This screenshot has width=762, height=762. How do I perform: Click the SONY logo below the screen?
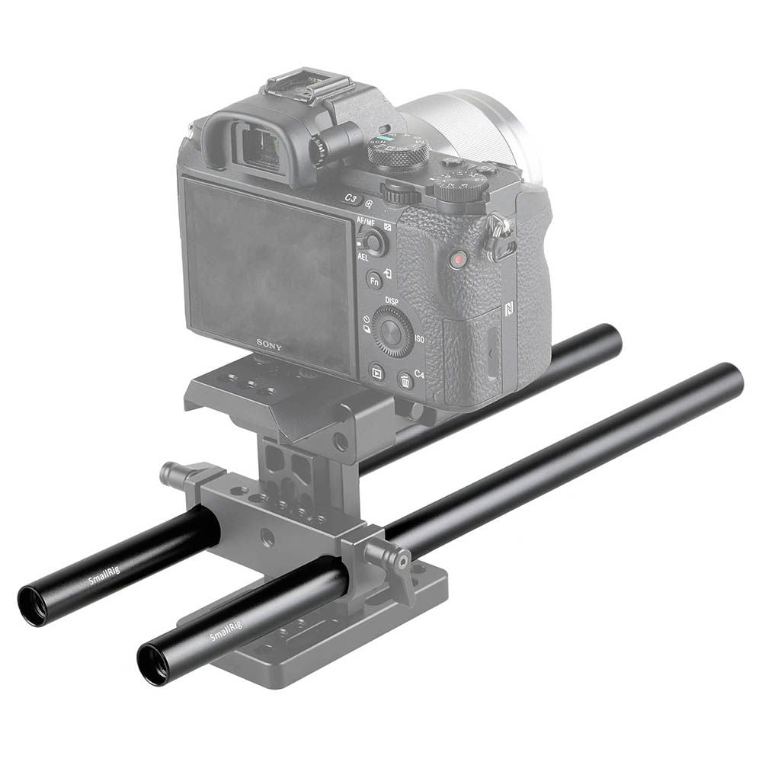268,345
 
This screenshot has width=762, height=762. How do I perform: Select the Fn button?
374,280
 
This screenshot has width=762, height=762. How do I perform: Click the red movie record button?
457,261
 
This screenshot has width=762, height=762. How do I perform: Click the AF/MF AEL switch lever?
373,243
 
